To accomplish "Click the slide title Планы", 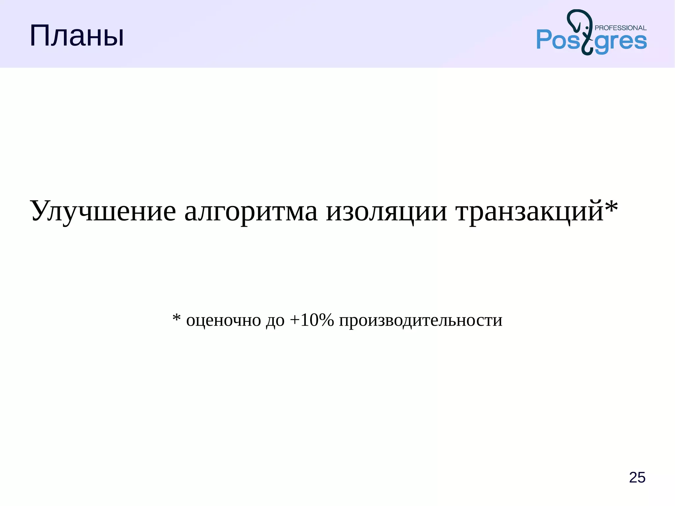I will click(76, 36).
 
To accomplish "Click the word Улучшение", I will click(103, 211).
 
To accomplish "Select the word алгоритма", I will click(251, 211).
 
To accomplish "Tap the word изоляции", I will click(386, 211).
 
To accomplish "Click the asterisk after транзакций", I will click(611, 206).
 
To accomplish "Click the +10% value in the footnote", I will click(312, 320).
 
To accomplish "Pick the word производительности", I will click(421, 320).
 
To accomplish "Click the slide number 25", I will click(637, 477).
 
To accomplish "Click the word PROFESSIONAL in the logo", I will click(621, 28).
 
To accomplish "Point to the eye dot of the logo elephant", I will click(587, 28).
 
